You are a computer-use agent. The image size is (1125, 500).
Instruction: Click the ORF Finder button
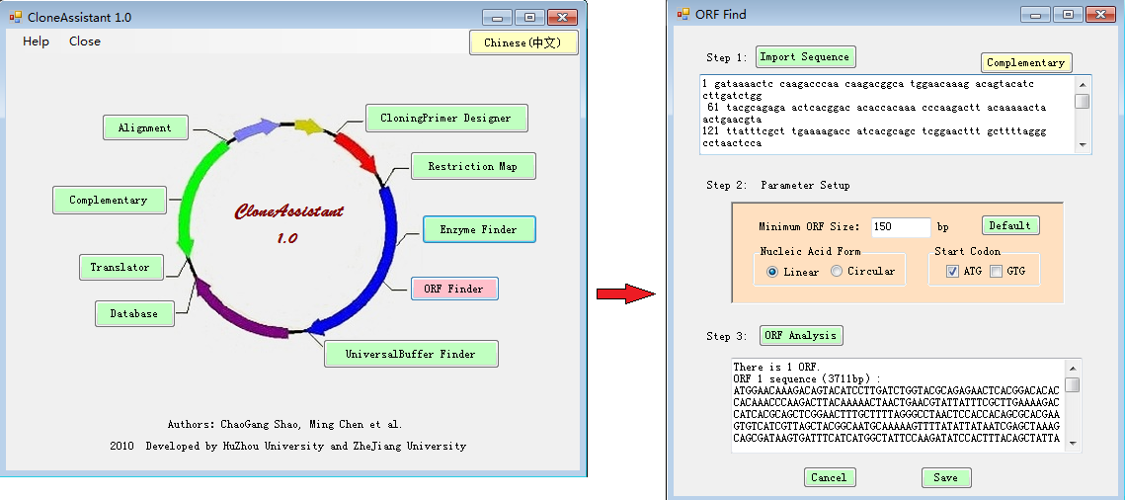tap(453, 289)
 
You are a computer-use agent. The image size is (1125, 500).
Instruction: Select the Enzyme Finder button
tap(479, 229)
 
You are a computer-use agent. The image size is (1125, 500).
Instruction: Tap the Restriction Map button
tap(472, 166)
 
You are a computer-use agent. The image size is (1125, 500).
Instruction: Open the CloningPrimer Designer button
tap(446, 118)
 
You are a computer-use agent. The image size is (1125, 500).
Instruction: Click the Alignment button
tap(144, 127)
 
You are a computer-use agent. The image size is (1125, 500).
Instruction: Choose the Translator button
tap(121, 267)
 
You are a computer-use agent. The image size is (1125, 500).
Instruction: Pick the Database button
tap(134, 313)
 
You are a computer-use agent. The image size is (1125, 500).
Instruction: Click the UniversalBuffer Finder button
tap(410, 354)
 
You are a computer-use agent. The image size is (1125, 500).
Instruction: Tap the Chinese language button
tap(522, 42)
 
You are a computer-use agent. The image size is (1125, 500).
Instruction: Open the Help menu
tap(37, 42)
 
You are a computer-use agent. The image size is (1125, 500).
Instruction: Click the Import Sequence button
tap(805, 56)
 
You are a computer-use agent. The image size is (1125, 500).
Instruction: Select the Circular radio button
tap(837, 272)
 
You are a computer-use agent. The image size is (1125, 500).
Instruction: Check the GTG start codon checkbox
tap(997, 272)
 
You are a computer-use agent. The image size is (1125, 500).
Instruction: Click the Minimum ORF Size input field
tap(900, 227)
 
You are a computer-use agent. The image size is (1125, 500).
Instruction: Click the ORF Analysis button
tap(801, 335)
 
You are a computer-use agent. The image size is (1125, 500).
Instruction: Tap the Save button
tap(945, 477)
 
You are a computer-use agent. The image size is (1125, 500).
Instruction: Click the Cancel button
tap(829, 477)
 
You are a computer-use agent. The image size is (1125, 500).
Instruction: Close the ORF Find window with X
tap(1098, 15)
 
